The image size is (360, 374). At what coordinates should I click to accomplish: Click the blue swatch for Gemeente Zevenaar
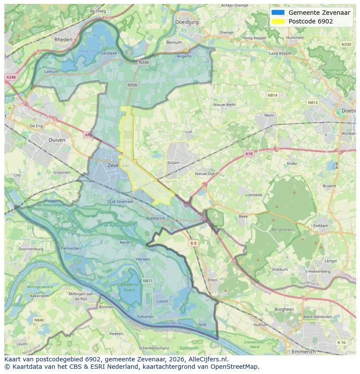tap(278, 13)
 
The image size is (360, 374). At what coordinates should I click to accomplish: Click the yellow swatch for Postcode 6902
tap(278, 21)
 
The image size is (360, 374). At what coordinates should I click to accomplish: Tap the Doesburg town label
tap(187, 22)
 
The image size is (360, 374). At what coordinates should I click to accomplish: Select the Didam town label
tap(173, 163)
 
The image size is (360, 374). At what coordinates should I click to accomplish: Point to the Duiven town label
tap(57, 140)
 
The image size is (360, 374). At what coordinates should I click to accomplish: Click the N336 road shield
tap(132, 85)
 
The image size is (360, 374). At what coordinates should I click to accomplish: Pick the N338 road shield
tap(143, 63)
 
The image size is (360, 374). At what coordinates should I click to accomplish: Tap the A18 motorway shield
tap(248, 154)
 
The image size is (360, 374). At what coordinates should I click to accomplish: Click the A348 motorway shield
tap(10, 77)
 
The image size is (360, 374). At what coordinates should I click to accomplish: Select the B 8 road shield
tap(193, 244)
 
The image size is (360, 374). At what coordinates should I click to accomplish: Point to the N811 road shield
tap(148, 281)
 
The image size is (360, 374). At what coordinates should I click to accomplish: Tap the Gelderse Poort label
tap(130, 287)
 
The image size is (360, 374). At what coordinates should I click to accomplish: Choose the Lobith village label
tap(162, 301)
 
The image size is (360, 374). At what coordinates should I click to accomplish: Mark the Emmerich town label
tap(304, 351)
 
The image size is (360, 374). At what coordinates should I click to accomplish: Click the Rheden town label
tap(63, 40)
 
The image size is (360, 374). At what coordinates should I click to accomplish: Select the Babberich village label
tap(156, 218)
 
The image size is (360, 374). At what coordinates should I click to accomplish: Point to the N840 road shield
tap(39, 320)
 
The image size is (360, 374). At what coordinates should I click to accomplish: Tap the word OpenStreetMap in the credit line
tap(237, 367)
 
